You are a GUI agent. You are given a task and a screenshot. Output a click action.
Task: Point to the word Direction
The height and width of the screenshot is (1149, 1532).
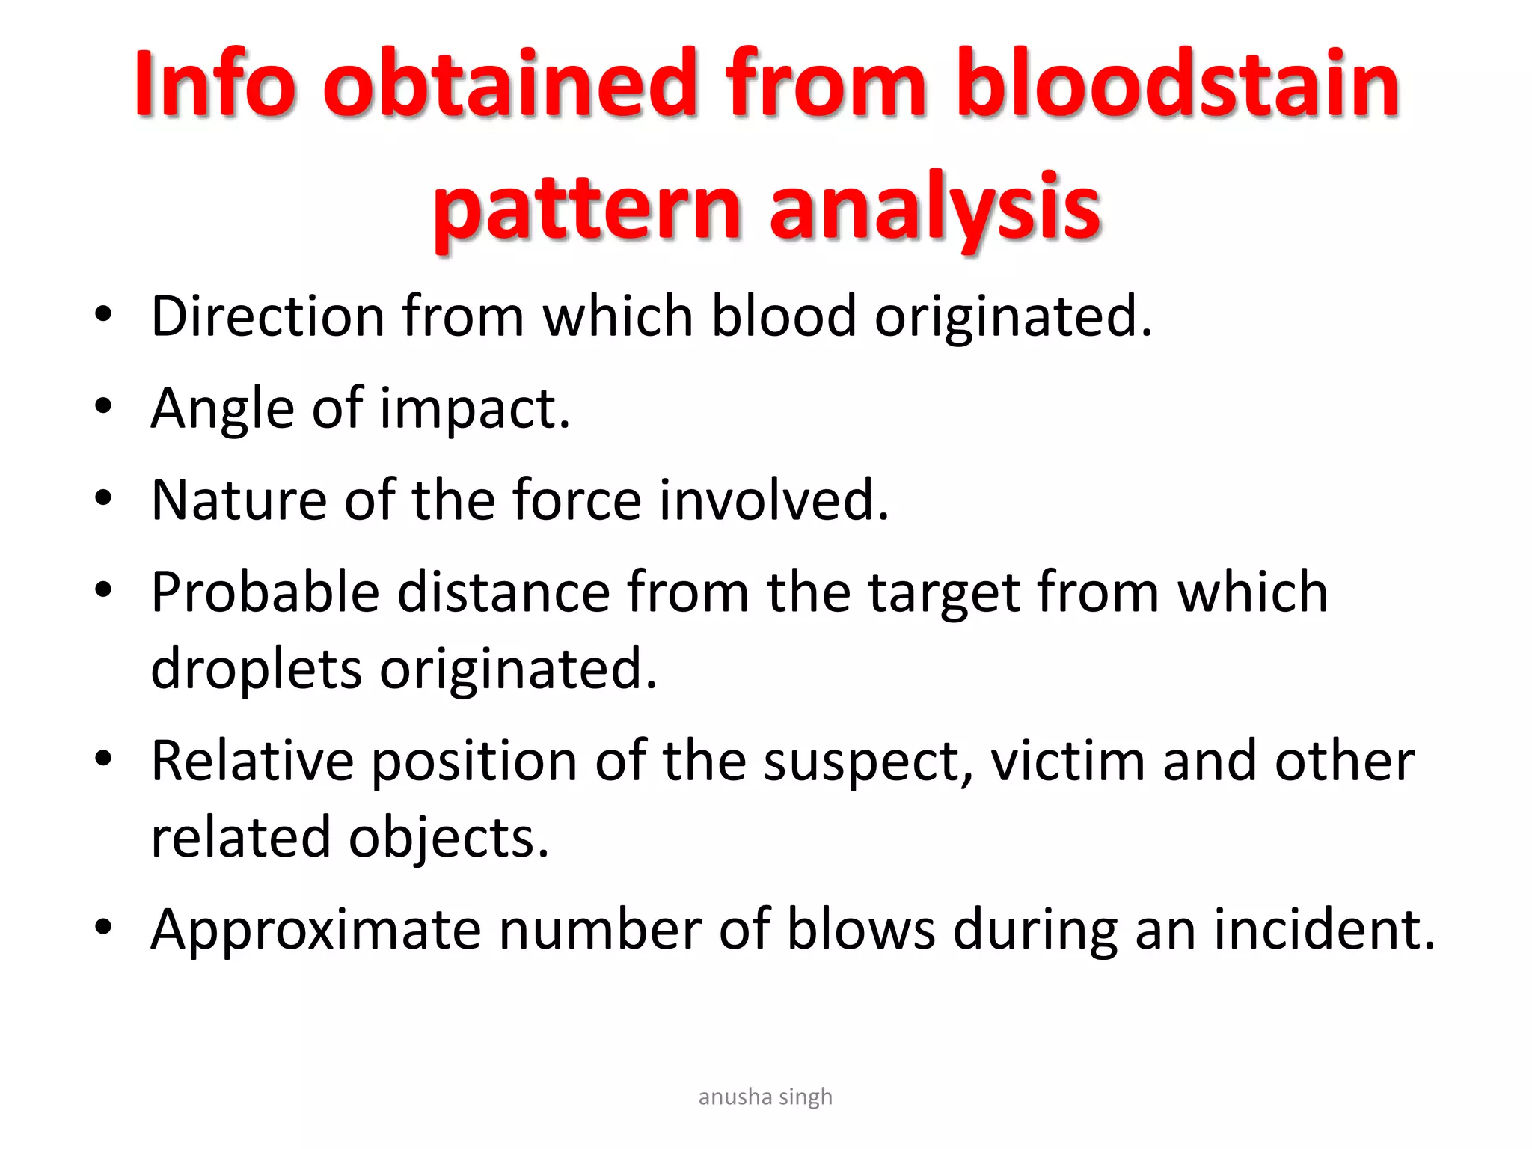click(267, 316)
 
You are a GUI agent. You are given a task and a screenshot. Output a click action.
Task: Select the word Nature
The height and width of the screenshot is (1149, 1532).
click(239, 500)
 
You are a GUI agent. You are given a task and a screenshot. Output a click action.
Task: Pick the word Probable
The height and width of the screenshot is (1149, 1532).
click(265, 592)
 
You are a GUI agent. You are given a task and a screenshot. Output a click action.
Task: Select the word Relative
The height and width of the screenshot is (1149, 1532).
click(252, 761)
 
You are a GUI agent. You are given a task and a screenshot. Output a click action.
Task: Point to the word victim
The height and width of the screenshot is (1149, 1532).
click(1068, 761)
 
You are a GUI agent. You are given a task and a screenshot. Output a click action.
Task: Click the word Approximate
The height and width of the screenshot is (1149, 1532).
click(316, 931)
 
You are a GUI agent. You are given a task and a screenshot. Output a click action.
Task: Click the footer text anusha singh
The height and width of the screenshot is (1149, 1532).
click(765, 1097)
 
